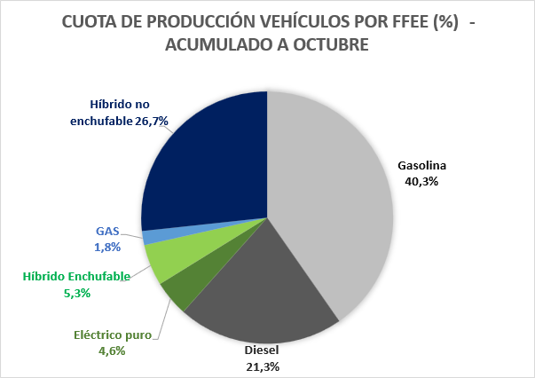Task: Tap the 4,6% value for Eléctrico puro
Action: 112,350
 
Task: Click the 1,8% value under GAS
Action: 106,248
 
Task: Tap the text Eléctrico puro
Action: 112,335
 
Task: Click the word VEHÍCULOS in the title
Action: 297,24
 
